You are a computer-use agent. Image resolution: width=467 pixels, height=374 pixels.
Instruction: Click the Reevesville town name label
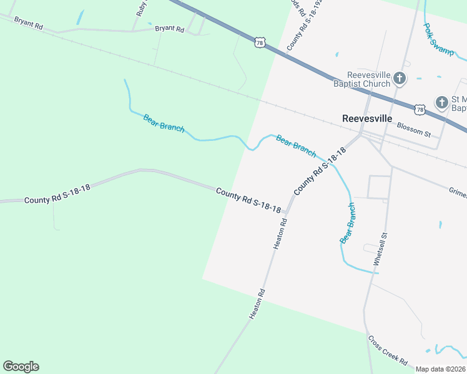tap(367, 118)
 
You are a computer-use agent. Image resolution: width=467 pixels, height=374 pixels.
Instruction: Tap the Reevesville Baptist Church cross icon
tap(400, 79)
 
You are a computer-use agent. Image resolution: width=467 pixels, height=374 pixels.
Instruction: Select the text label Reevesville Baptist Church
tap(360, 79)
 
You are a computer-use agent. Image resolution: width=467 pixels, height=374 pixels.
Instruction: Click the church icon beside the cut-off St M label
tap(441, 102)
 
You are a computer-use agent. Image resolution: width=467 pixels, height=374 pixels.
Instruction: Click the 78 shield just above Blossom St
tap(420, 109)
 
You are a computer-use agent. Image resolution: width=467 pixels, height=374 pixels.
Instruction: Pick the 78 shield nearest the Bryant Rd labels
tap(260, 42)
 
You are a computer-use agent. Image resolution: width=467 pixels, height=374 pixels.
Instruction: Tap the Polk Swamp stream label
tap(438, 40)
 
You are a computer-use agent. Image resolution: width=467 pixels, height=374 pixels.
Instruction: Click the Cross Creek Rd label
tap(387, 351)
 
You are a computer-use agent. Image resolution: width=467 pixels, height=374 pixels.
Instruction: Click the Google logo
tap(21, 367)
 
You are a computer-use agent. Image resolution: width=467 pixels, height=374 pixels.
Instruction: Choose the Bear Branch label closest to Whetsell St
tap(348, 223)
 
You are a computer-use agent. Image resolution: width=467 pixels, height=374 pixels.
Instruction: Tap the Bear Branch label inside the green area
tap(164, 123)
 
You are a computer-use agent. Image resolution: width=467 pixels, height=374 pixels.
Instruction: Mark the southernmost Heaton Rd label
tap(257, 304)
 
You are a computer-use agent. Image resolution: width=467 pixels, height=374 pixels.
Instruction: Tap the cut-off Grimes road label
tap(457, 193)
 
